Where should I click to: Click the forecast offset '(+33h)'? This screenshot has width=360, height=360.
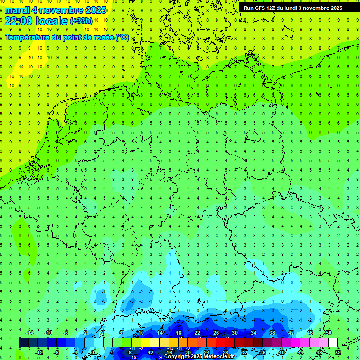[81, 21]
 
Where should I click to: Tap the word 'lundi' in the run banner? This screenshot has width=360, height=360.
[289, 8]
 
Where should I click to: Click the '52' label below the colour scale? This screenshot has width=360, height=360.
[338, 352]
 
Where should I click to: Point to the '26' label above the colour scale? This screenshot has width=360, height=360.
[216, 333]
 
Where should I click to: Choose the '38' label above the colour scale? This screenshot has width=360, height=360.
[272, 333]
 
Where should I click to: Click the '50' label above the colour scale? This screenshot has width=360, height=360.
[329, 333]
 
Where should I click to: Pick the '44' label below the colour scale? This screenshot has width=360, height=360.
[300, 352]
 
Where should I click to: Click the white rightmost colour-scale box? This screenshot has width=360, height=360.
[333, 343]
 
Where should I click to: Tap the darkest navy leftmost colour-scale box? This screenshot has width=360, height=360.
[23, 343]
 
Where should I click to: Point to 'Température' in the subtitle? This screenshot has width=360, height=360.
[28, 37]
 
